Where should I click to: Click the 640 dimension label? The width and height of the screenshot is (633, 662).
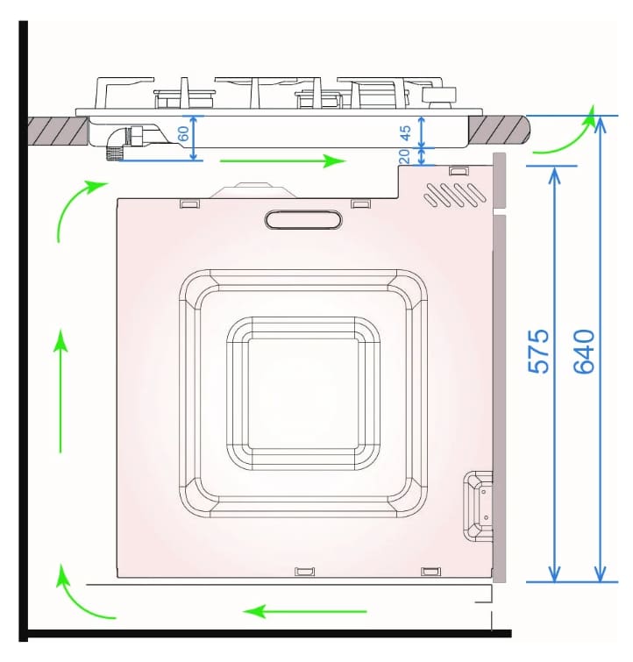point(585,352)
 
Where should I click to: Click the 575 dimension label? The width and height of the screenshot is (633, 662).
point(539,352)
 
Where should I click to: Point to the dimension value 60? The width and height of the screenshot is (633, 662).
point(183,134)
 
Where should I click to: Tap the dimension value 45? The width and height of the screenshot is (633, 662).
point(405,133)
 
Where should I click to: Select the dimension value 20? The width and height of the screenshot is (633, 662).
point(404,156)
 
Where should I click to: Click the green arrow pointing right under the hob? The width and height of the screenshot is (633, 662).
point(283,160)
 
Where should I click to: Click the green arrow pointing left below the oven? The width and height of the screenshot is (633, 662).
point(305,611)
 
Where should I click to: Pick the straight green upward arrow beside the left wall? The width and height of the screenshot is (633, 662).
point(60,391)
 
